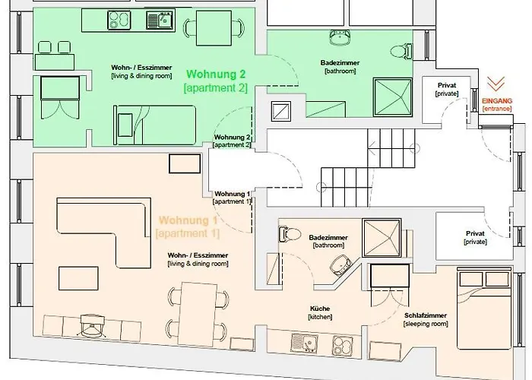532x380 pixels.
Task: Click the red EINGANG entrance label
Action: (497, 101)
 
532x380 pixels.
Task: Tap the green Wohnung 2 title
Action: (216, 74)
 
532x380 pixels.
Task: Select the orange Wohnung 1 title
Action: (188, 220)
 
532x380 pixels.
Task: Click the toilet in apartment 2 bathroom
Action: (401, 52)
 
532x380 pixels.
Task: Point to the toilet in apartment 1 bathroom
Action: (290, 234)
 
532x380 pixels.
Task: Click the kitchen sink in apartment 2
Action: (160, 21)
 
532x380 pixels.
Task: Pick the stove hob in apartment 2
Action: (119, 21)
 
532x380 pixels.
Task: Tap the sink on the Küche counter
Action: (304, 343)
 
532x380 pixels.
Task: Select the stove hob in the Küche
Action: (343, 345)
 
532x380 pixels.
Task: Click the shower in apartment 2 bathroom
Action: (393, 97)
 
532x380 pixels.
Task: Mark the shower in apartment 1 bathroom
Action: (382, 238)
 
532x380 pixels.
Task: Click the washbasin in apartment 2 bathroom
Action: (340, 37)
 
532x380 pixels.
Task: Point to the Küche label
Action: (320, 309)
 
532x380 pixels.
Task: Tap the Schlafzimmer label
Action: (426, 315)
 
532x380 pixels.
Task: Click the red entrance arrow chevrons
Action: (496, 84)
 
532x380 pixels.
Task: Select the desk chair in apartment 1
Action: (92, 325)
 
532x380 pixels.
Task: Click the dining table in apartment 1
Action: (198, 314)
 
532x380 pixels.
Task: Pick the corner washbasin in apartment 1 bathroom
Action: (340, 264)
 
